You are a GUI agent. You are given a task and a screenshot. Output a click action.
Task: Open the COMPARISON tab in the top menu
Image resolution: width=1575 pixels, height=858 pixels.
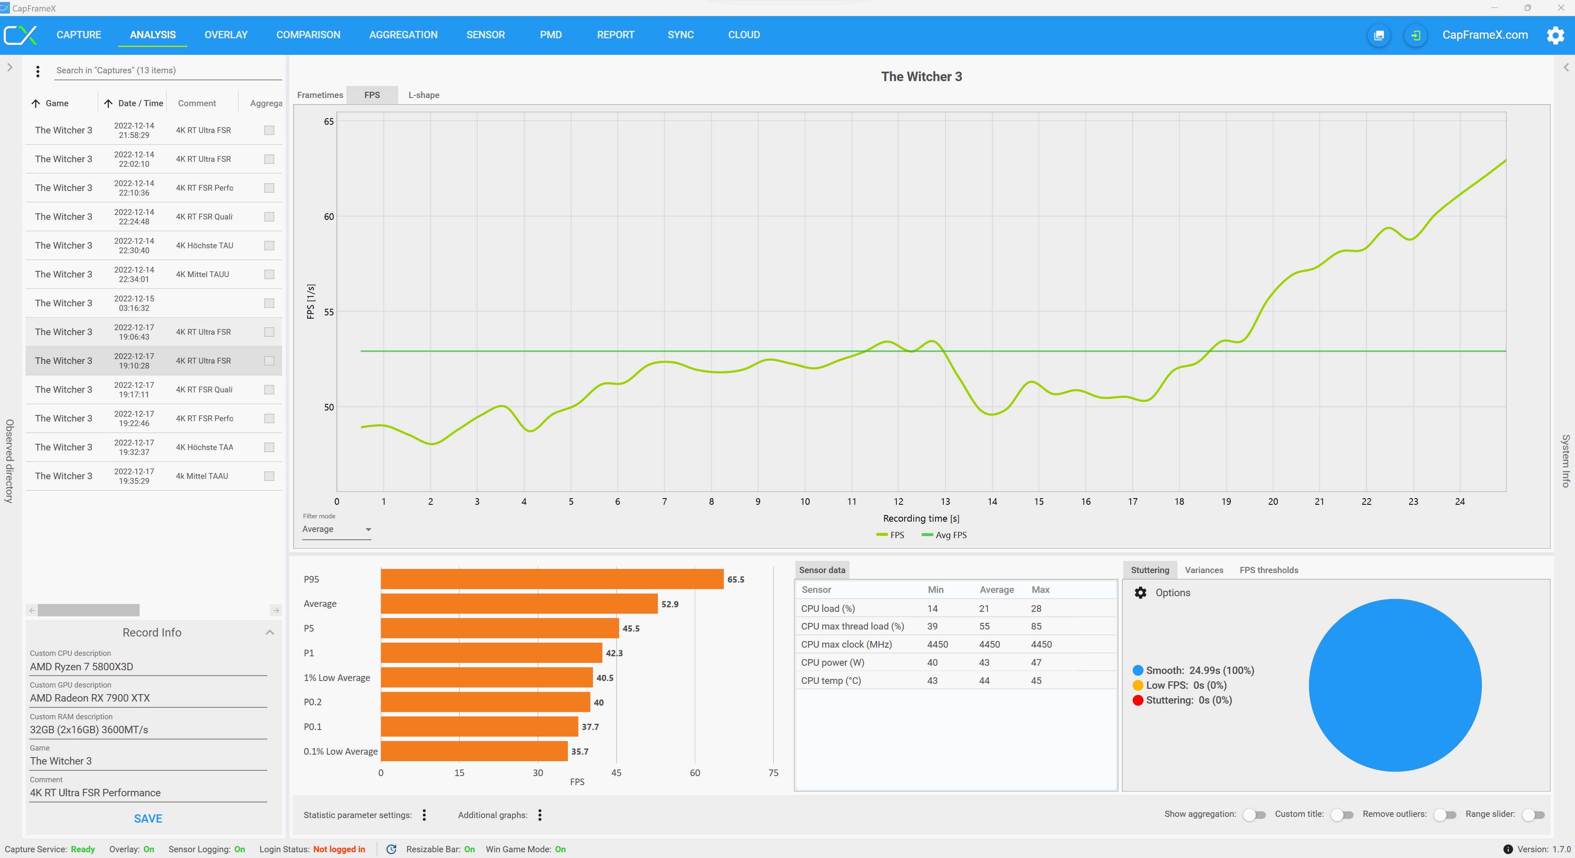coord(308,35)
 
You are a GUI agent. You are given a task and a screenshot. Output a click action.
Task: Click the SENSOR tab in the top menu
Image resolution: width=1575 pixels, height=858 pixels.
coord(485,35)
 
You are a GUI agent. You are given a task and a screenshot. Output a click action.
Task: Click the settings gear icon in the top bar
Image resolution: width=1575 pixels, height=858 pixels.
coord(1555,35)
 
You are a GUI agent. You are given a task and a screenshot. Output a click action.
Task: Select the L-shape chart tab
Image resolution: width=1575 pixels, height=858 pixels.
coord(424,95)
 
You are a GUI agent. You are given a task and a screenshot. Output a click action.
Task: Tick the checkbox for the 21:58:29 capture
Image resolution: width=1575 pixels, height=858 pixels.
coord(269,130)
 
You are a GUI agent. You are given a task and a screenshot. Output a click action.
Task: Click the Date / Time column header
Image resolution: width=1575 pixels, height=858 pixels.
coord(140,103)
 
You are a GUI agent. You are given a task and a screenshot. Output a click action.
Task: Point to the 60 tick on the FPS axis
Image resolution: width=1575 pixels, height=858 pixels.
coord(329,217)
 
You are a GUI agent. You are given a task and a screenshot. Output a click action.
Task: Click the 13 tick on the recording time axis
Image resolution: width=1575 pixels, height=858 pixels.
coord(945,501)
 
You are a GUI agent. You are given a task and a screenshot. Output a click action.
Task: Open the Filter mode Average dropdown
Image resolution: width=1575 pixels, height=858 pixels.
coord(336,529)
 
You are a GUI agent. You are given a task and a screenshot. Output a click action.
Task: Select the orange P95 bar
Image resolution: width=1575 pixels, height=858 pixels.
coord(551,579)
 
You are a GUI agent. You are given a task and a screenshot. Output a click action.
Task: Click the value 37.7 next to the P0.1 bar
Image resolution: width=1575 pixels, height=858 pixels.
coord(590,727)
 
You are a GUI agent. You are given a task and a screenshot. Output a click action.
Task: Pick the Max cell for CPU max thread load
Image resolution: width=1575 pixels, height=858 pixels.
coord(1036,626)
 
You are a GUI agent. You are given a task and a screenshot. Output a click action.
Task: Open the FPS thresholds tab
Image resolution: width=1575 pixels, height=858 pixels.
coord(1269,570)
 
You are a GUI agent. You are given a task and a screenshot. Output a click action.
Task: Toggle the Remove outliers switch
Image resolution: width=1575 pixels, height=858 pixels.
coord(1445,815)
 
